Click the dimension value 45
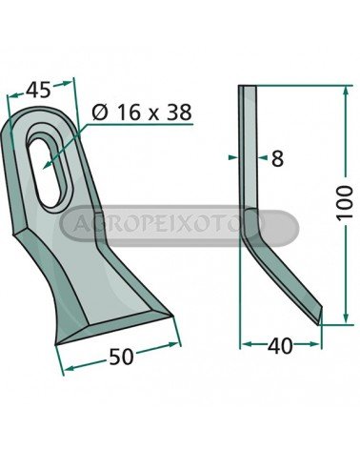(38, 90)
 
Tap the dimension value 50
(121, 357)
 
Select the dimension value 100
(345, 203)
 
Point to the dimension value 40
(280, 346)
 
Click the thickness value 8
(277, 158)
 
